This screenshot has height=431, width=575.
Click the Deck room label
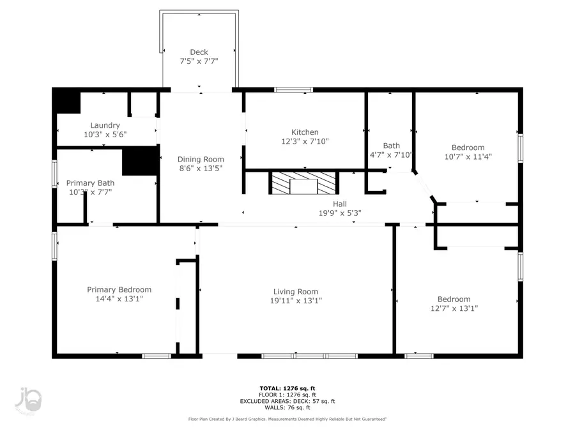click(x=199, y=52)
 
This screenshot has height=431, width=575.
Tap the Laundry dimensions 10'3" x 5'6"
click(x=105, y=135)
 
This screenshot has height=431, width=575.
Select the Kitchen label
click(x=305, y=132)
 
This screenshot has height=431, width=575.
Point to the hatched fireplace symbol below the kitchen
click(x=303, y=183)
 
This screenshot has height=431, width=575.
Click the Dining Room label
click(x=201, y=159)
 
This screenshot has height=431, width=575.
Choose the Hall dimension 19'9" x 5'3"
click(x=340, y=213)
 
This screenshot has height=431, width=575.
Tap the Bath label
click(x=391, y=146)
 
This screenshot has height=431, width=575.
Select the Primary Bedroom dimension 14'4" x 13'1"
click(x=119, y=299)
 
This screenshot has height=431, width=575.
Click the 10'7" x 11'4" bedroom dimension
click(x=468, y=156)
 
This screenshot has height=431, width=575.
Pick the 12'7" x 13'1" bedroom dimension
click(x=454, y=308)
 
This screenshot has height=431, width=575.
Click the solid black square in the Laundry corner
click(x=66, y=102)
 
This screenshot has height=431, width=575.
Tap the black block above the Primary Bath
click(x=139, y=160)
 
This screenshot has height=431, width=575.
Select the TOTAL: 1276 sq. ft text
click(x=287, y=388)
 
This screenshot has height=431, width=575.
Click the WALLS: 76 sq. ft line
click(x=287, y=407)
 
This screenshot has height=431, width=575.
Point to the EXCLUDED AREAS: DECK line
click(x=287, y=401)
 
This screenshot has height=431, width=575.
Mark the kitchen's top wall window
click(x=293, y=90)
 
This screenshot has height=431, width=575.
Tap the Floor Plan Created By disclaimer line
click(x=287, y=420)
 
